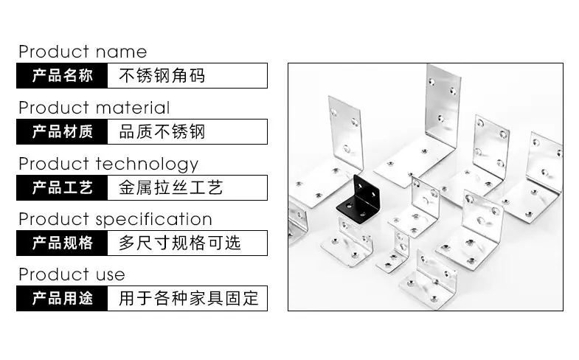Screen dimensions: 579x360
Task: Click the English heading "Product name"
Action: coord(83,52)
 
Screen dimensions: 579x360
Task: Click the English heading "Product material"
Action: coord(94,108)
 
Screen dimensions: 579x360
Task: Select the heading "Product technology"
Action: coord(108,165)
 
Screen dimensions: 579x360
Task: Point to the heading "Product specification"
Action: coord(116,220)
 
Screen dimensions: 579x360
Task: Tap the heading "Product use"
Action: coord(72,274)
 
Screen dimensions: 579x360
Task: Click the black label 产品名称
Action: coord(62,76)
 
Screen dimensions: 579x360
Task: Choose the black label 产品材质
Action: coord(62,132)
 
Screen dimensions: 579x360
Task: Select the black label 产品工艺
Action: coord(62,188)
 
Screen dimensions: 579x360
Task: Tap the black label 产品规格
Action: coord(62,243)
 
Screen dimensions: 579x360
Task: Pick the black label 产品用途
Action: coord(62,299)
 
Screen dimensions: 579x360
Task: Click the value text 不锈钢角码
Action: coord(162,76)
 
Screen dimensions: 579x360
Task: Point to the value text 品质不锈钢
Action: coord(162,132)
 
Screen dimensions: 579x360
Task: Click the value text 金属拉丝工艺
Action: coord(170,188)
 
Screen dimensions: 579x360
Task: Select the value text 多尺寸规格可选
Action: coord(179,243)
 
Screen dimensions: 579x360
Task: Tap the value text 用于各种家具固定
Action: coord(188,299)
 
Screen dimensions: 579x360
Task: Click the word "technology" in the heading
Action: coord(147,165)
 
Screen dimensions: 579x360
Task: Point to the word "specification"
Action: coord(154,220)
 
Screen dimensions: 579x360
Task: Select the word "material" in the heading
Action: coord(133,108)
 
